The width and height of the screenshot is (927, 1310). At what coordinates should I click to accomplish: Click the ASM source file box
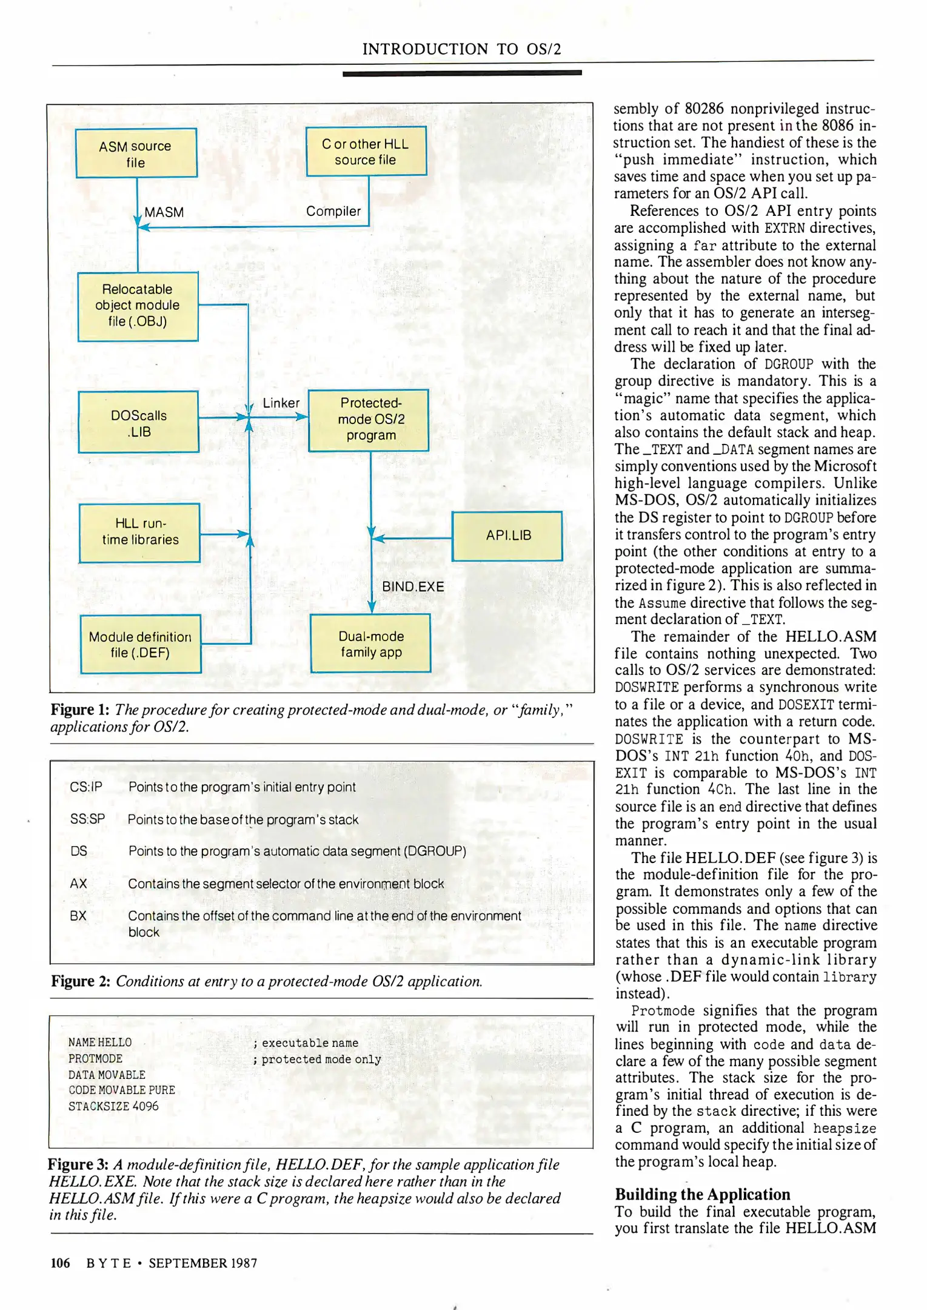pyautogui.click(x=136, y=153)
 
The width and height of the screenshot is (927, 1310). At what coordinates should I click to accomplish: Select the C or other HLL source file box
pyautogui.click(x=366, y=151)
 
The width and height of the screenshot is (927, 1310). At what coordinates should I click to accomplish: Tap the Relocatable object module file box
pyautogui.click(x=138, y=306)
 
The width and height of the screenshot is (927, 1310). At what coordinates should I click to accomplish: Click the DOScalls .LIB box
pyautogui.click(x=138, y=422)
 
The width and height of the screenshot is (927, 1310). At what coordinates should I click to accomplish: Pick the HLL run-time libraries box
pyautogui.click(x=139, y=532)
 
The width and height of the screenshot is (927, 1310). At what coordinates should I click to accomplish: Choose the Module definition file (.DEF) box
pyautogui.click(x=140, y=644)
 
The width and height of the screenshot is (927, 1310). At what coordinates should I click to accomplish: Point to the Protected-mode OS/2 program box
pyautogui.click(x=369, y=420)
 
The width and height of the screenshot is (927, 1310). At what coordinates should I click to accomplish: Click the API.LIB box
pyautogui.click(x=507, y=536)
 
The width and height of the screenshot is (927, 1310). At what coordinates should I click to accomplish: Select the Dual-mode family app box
pyautogui.click(x=370, y=643)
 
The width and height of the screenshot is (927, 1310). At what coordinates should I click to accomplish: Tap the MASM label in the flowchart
pyautogui.click(x=164, y=212)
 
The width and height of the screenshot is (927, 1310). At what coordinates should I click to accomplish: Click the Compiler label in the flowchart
pyautogui.click(x=333, y=211)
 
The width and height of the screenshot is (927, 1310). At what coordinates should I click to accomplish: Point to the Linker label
pyautogui.click(x=281, y=403)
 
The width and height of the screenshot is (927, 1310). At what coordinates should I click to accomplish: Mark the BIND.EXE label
pyautogui.click(x=413, y=586)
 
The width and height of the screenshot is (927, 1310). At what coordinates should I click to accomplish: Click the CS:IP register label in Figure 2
pyautogui.click(x=86, y=787)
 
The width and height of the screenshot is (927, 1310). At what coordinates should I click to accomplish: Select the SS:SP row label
pyautogui.click(x=87, y=819)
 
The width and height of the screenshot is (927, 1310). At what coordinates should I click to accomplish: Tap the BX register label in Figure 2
pyautogui.click(x=78, y=915)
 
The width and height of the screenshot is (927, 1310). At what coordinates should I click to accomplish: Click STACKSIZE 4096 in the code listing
pyautogui.click(x=113, y=1106)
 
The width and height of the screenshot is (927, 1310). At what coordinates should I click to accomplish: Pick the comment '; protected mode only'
pyautogui.click(x=317, y=1058)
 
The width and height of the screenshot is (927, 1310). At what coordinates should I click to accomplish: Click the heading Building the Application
pyautogui.click(x=702, y=1194)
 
